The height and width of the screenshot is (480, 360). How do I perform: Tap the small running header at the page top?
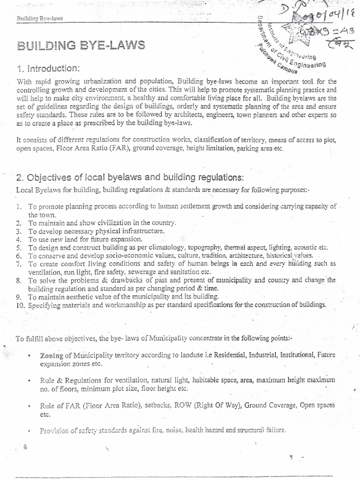point(40,18)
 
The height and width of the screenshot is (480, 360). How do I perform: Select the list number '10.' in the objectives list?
point(20,305)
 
